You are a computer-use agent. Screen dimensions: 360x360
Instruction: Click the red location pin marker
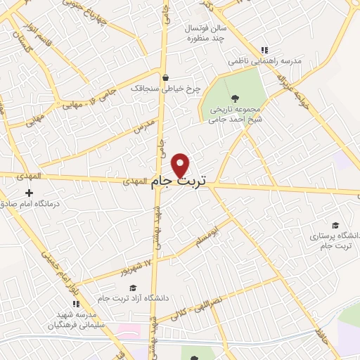[x=181, y=165]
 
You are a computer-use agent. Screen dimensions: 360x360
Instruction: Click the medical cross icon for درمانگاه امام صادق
[x=29, y=193]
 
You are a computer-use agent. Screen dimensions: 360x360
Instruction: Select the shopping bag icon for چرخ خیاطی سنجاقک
[x=165, y=78]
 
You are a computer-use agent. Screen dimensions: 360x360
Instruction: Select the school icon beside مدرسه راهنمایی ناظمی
[x=264, y=50]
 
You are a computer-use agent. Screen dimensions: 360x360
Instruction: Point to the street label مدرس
[x=143, y=127]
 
